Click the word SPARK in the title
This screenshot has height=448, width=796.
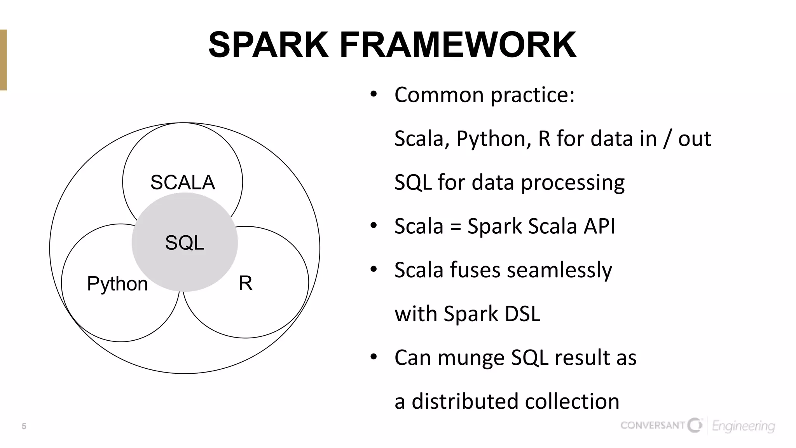(268, 45)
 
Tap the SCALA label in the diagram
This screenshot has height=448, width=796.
(183, 182)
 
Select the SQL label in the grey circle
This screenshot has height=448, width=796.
(185, 243)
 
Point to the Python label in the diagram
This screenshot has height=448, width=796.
(117, 284)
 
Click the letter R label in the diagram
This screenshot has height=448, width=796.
(245, 283)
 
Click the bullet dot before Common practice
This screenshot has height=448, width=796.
(374, 94)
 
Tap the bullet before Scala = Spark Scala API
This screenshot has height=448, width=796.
(374, 226)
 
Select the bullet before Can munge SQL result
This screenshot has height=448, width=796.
(374, 357)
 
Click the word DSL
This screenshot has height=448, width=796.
(522, 314)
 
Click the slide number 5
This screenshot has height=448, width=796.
(24, 426)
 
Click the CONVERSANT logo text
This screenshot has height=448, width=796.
(652, 425)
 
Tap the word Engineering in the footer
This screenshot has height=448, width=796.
(743, 427)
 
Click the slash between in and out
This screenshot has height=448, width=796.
(667, 139)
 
